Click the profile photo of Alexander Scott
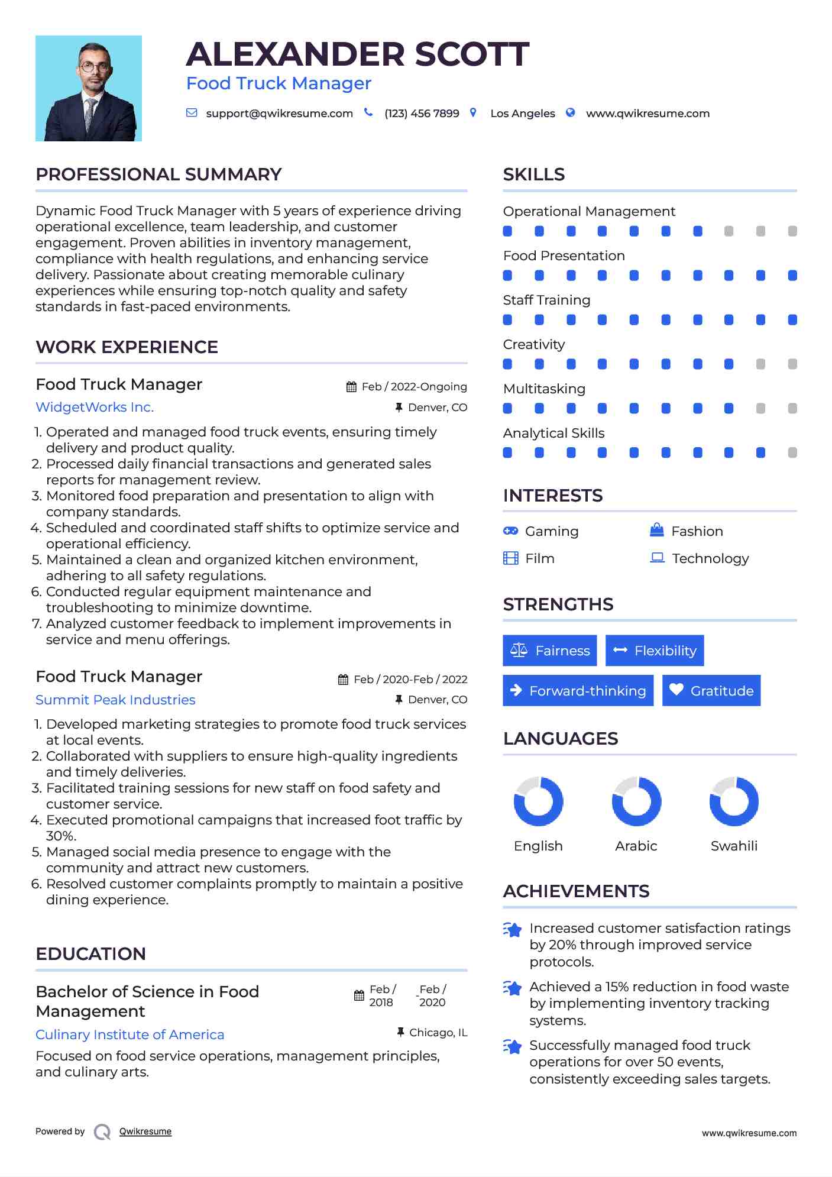click(x=89, y=89)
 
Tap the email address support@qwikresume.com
click(x=279, y=114)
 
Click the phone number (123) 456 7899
click(x=422, y=114)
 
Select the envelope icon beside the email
click(x=192, y=113)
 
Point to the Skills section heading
click(x=534, y=174)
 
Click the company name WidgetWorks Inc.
click(x=95, y=408)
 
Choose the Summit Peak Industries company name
click(x=115, y=700)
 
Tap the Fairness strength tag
click(x=550, y=651)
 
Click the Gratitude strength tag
click(x=711, y=691)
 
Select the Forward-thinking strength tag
click(x=578, y=691)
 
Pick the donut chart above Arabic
click(x=636, y=801)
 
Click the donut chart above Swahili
click(x=734, y=801)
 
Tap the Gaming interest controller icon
click(x=510, y=531)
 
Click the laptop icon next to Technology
click(x=657, y=558)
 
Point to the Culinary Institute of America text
click(x=130, y=1034)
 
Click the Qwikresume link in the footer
click(x=145, y=1131)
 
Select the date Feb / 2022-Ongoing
click(x=414, y=387)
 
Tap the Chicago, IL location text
click(x=438, y=1033)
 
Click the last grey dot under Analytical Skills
click(x=792, y=453)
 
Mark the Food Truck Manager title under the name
click(x=279, y=83)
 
